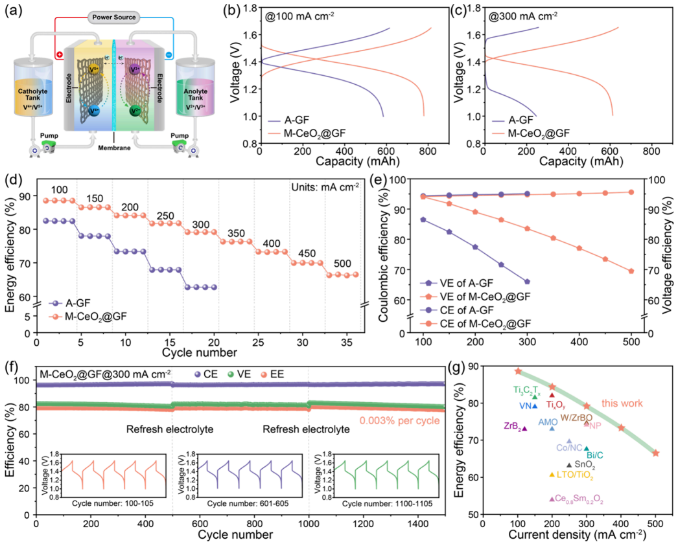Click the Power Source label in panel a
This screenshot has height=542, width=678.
(114, 17)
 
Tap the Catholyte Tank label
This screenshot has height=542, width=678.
(32, 94)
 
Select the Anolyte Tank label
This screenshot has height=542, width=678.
(196, 94)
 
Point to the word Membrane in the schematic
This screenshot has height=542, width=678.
(114, 148)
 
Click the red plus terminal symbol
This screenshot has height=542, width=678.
(59, 55)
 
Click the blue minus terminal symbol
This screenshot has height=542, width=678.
(169, 55)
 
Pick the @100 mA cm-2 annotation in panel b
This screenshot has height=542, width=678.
(299, 16)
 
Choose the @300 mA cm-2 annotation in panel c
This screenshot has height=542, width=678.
(523, 16)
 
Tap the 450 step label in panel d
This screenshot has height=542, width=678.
(307, 253)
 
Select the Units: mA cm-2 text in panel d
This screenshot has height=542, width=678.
(325, 187)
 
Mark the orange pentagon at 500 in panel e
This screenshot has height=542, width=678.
(631, 271)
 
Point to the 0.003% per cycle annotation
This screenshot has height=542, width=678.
(399, 421)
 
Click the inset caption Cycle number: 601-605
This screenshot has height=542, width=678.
(248, 504)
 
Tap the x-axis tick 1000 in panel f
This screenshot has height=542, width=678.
(309, 524)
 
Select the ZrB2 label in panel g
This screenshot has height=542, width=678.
(513, 427)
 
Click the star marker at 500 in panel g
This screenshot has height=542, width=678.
(655, 453)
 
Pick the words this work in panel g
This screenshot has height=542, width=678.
(622, 403)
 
